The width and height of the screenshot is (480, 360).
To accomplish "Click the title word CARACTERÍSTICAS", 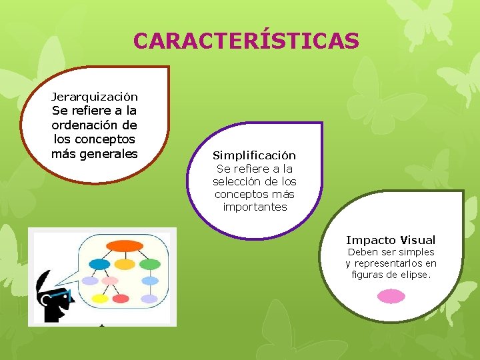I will pos(246,41).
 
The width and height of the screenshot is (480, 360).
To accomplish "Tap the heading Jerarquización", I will pos(95,97).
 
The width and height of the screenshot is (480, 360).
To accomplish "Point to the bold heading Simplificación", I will pos(254,155).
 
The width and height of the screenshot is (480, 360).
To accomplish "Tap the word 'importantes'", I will pos(254,207).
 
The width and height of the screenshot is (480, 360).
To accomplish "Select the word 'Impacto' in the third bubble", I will pos(370,240).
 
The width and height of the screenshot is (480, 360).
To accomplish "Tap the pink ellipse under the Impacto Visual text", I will pos(391,296).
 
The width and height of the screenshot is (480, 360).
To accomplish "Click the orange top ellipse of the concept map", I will pos(125,245).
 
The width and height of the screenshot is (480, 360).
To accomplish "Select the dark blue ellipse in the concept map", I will pos(99,265).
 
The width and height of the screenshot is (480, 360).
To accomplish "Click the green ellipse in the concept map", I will pos(149,265).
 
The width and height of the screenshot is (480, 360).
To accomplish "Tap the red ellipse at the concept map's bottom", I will pos(121,299).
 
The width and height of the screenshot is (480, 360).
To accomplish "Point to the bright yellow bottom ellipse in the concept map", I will pos(99,299).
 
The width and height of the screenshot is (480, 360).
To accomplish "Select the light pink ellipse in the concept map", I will pos(109,281).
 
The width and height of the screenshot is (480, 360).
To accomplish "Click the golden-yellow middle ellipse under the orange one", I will pos(125,264).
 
